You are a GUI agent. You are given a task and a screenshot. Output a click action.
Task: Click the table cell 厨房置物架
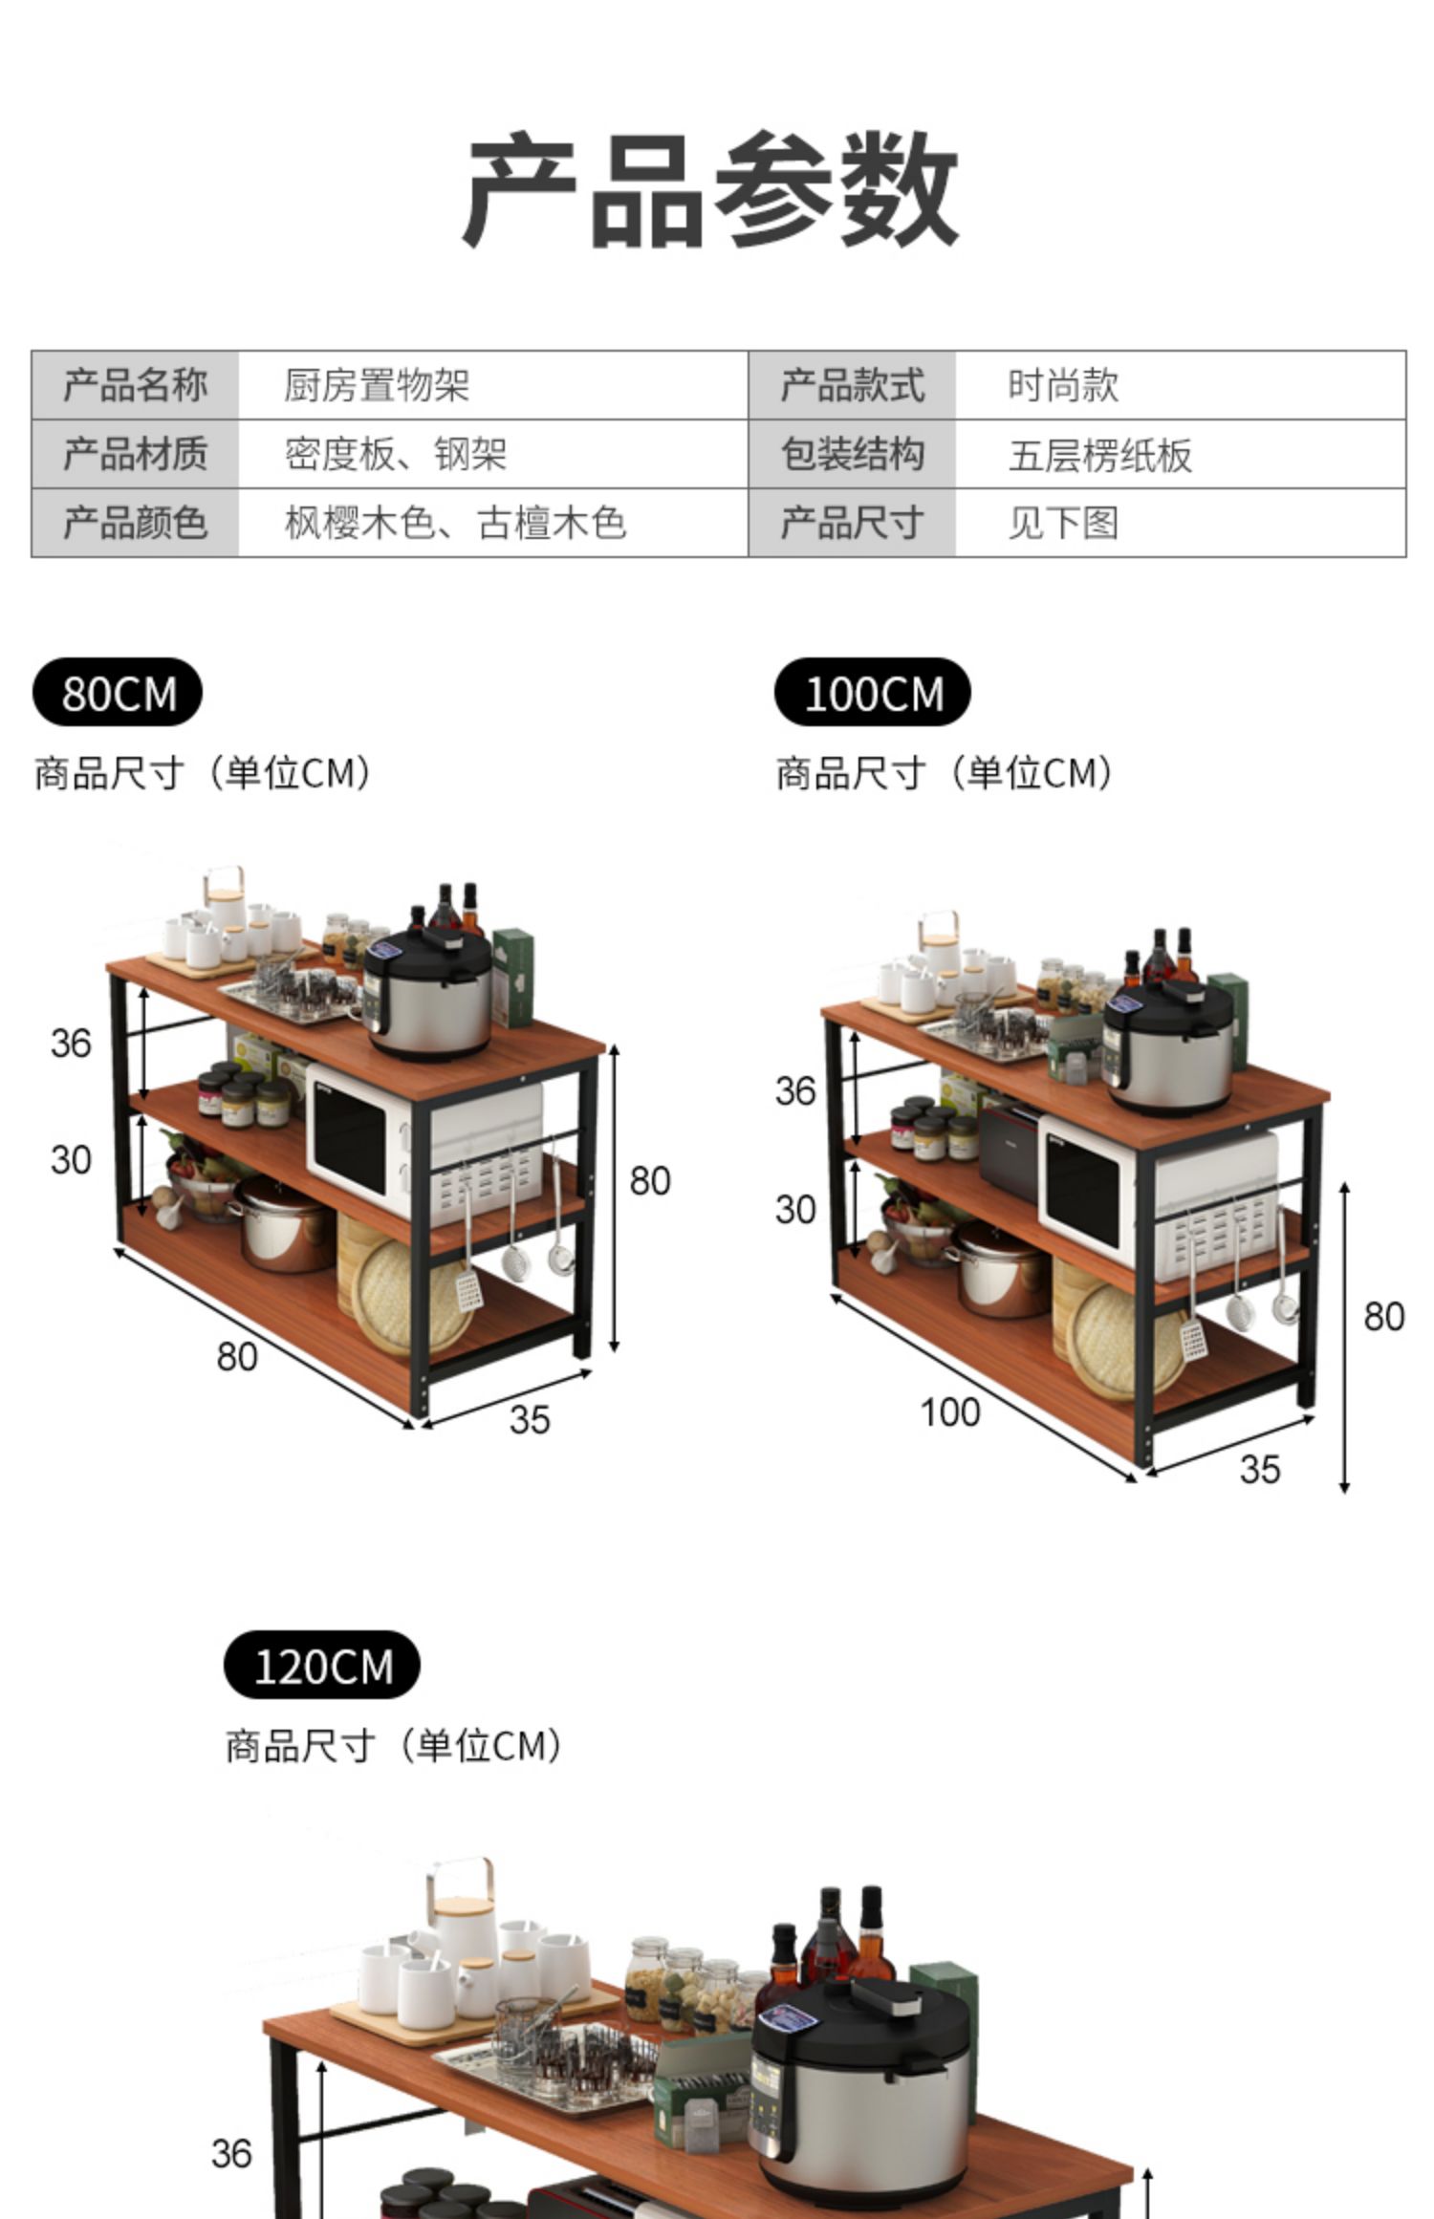click(x=377, y=386)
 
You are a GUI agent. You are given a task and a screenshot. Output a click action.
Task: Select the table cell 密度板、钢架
click(x=395, y=455)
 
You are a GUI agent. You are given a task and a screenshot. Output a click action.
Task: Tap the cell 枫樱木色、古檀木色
click(x=455, y=524)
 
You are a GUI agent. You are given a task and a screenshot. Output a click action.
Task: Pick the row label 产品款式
click(x=852, y=386)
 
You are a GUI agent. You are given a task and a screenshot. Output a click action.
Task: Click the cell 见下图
click(x=1062, y=524)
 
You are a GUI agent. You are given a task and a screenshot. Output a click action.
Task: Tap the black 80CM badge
click(x=118, y=693)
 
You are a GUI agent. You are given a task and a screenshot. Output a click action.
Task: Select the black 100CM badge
click(x=872, y=693)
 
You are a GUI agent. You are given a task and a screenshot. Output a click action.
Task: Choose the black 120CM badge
click(x=322, y=1666)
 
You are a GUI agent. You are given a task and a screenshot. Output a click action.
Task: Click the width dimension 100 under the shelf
click(x=949, y=1411)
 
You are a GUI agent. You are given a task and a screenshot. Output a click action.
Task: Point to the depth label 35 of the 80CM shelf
click(x=529, y=1419)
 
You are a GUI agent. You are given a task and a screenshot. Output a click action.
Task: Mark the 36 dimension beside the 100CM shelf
click(x=794, y=1091)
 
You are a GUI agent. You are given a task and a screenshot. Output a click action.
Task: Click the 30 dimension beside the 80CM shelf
click(x=71, y=1160)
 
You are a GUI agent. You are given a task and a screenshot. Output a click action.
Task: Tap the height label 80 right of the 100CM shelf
click(x=1383, y=1317)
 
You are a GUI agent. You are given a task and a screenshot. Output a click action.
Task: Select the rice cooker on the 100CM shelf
click(x=1169, y=1048)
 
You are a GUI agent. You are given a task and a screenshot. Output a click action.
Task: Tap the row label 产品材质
click(x=135, y=455)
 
